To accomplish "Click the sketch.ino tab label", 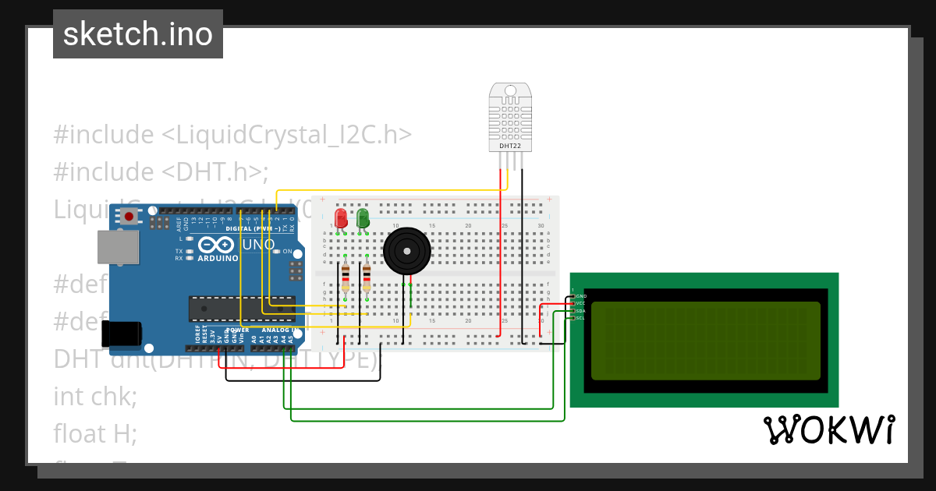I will point(138,34).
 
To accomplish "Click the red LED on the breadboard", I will point(341,217).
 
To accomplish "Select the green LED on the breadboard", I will point(363,217).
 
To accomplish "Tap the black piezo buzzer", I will point(406,251).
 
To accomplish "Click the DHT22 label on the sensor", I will point(511,146).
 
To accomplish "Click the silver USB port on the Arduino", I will point(118,246).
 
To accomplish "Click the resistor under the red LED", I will point(346,277).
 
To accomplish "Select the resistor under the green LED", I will point(367,277).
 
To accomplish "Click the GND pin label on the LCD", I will point(581,297).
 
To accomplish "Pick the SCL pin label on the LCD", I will point(580,318).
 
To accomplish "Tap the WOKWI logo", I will point(828,429).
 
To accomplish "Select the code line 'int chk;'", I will point(95,396).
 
